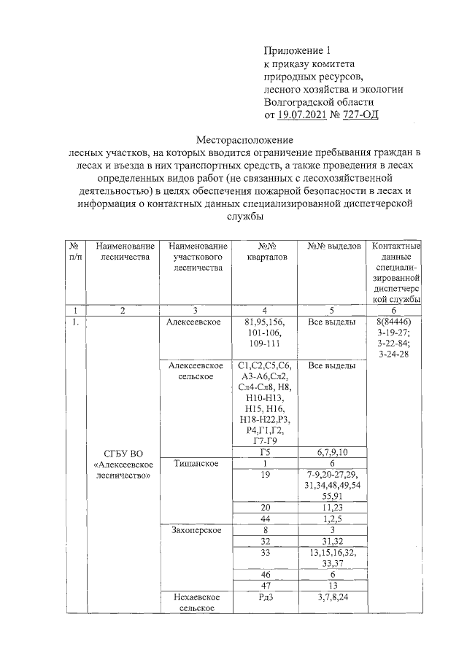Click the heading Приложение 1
coord(297,50)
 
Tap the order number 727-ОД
coord(359,114)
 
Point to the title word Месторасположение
coord(246,139)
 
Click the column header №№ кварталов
coord(262,252)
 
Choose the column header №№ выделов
coord(335,246)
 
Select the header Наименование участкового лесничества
coord(196,257)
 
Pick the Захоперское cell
coord(196,529)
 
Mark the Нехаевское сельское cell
coord(196,602)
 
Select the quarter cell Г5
coord(265,452)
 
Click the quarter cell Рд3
coord(265,597)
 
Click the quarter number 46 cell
coord(265,575)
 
